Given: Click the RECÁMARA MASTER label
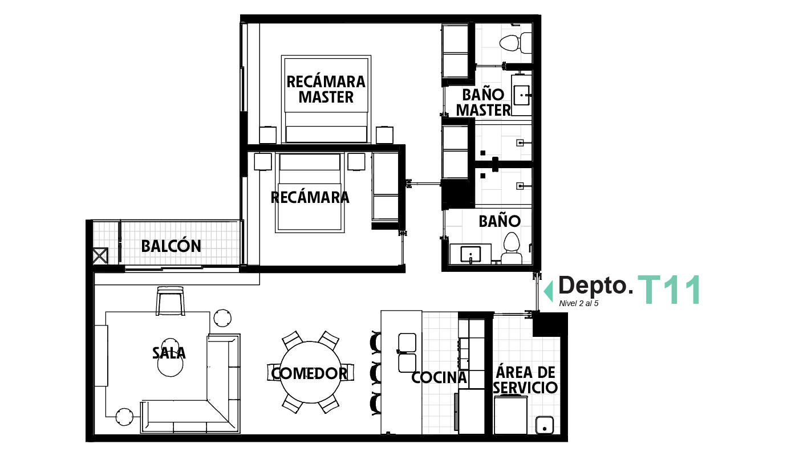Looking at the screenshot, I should pyautogui.click(x=326, y=89).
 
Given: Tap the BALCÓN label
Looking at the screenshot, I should pyautogui.click(x=171, y=246).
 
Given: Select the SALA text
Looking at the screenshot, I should pyautogui.click(x=169, y=353).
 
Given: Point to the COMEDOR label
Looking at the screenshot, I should pyautogui.click(x=310, y=373).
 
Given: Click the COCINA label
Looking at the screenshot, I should pyautogui.click(x=439, y=377).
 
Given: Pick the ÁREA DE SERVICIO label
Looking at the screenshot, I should pyautogui.click(x=525, y=380).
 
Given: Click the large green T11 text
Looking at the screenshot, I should pyautogui.click(x=668, y=290).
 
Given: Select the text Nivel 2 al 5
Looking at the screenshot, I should pyautogui.click(x=579, y=303).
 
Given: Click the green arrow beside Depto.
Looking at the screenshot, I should pyautogui.click(x=549, y=291).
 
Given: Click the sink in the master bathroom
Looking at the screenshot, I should pyautogui.click(x=522, y=95).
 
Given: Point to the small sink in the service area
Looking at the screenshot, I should pyautogui.click(x=545, y=424).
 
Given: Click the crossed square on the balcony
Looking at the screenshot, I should pyautogui.click(x=100, y=255).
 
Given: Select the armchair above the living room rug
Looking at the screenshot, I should pyautogui.click(x=171, y=301).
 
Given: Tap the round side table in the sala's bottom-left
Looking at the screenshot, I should pyautogui.click(x=124, y=417).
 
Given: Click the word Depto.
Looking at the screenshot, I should pyautogui.click(x=595, y=285).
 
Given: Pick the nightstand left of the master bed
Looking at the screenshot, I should pyautogui.click(x=268, y=135).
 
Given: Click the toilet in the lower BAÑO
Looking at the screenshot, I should pyautogui.click(x=512, y=249).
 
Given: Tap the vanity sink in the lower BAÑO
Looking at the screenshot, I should pyautogui.click(x=470, y=253).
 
